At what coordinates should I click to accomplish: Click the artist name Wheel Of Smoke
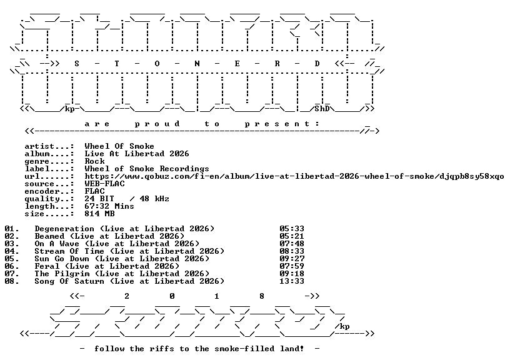pos(119,146)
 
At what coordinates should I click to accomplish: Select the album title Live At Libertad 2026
pos(137,154)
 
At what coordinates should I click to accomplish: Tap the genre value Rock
pos(94,161)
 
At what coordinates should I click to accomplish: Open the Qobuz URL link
pos(294,177)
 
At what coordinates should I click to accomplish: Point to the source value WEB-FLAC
pos(104,184)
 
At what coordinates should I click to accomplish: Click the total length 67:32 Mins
pos(109,206)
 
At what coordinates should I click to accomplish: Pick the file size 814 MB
pos(99,214)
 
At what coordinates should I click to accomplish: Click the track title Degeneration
pos(64,229)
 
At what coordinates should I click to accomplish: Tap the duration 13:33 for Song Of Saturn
pos(292,281)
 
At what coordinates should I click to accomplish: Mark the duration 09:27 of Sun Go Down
pos(292,259)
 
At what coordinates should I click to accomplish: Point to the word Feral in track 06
pos(47,266)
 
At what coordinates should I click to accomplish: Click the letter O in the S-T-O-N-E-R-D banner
pos(157,64)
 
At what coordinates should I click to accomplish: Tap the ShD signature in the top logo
pos(322,109)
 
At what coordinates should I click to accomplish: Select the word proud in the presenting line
pos(157,124)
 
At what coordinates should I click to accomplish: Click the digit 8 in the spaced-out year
pos(262,296)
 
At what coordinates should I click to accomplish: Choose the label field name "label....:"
pos(49,169)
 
